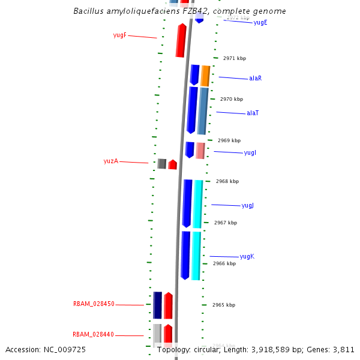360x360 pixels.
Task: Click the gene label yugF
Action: pyautogui.click(x=119, y=35)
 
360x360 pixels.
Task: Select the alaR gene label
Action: pyautogui.click(x=255, y=79)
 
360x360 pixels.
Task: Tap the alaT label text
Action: pyautogui.click(x=253, y=113)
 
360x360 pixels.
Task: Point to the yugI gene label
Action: pyautogui.click(x=250, y=153)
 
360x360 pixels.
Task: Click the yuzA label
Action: pyautogui.click(x=111, y=161)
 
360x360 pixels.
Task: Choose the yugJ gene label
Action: pyautogui.click(x=247, y=206)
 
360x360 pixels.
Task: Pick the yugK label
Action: pyautogui.click(x=247, y=257)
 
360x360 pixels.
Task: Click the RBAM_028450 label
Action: pyautogui.click(x=94, y=304)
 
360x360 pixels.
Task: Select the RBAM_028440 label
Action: pyautogui.click(x=93, y=335)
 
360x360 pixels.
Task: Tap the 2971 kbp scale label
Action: pyautogui.click(x=234, y=59)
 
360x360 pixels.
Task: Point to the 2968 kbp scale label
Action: pyautogui.click(x=227, y=181)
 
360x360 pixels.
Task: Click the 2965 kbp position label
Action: pyautogui.click(x=223, y=305)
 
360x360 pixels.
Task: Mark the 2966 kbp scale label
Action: pyautogui.click(x=224, y=263)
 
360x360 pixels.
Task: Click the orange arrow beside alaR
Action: pyautogui.click(x=205, y=76)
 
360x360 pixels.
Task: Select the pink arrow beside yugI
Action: pyautogui.click(x=200, y=151)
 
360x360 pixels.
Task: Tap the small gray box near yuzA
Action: pyautogui.click(x=161, y=164)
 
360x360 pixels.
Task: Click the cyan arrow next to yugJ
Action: pyautogui.click(x=197, y=204)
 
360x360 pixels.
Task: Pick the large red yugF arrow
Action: pyautogui.click(x=181, y=40)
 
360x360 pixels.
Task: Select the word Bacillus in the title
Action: pyautogui.click(x=87, y=11)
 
